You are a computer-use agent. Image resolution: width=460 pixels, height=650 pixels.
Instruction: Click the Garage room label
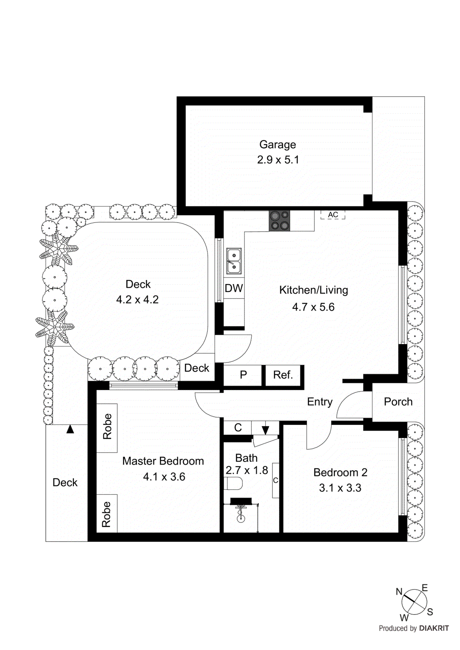pos(277,145)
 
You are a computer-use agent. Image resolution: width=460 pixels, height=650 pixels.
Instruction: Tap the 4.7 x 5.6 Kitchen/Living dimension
pos(313,307)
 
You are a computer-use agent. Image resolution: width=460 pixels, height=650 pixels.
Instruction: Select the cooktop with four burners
pos(279,221)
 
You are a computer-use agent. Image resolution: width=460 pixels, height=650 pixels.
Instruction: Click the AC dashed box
pos(333,215)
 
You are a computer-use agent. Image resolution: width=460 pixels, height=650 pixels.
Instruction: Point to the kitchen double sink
pos(234,261)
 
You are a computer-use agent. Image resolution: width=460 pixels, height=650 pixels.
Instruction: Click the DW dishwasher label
pos(234,288)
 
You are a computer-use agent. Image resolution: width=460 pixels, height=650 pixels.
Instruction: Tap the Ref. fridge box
pos(283,375)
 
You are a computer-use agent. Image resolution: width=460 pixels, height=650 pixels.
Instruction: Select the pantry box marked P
pos(243,375)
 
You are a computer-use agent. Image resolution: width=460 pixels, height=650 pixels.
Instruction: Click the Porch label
pos(398,402)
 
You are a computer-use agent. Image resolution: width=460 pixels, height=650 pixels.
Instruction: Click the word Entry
pos(320,402)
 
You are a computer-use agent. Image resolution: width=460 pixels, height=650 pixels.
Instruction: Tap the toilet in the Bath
pos(233,484)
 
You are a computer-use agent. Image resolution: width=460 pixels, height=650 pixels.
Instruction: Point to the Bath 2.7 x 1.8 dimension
pos(247,470)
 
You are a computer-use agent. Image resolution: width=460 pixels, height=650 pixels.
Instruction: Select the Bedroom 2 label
pos(340,472)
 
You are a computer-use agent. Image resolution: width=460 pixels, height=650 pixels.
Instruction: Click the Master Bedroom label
pos(163,461)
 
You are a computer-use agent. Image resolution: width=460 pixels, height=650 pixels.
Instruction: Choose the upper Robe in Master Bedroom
pos(107,427)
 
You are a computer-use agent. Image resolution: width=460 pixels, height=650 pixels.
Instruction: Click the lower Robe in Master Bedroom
pos(107,514)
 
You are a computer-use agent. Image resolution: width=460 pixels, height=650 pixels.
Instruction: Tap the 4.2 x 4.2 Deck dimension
pos(137,300)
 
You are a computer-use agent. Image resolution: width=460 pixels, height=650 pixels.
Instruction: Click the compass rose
pos(414,602)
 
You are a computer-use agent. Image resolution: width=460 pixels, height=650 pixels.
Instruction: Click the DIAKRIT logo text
pos(434,628)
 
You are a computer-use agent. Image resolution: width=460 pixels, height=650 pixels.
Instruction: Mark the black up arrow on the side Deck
pos(70,429)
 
